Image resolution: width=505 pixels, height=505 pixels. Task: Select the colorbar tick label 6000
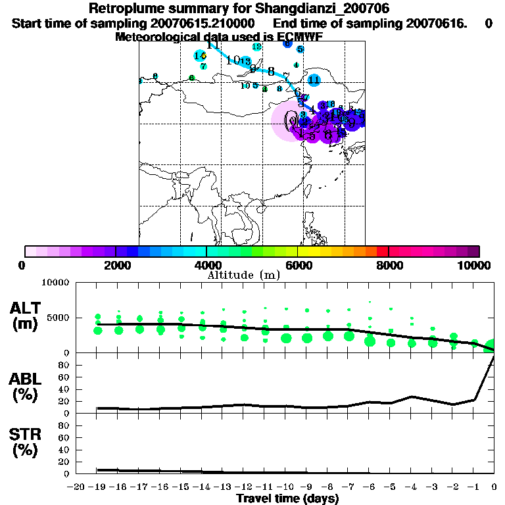coord(298,265)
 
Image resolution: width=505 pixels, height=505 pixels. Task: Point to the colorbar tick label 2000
coord(116,265)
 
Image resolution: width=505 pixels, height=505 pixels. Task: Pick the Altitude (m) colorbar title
coord(243,274)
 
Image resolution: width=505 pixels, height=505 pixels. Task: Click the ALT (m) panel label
coord(27,315)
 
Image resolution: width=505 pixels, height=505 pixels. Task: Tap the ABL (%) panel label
coord(27,387)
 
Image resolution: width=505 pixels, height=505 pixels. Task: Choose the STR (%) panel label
coord(27,443)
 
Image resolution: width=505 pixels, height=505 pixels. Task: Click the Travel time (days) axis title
coord(287,498)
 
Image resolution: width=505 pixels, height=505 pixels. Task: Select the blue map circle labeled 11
coord(314,80)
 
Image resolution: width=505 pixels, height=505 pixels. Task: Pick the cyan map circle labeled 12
coord(256,47)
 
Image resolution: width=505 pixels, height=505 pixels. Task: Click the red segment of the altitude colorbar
coord(382,251)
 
